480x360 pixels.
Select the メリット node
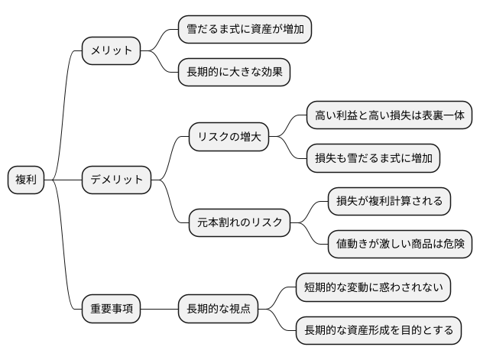click(112, 52)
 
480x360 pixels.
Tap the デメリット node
click(117, 180)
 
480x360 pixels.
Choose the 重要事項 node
click(112, 310)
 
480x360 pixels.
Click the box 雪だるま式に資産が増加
click(244, 31)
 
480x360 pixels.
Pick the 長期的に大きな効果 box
click(233, 73)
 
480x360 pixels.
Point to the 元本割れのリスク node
click(239, 223)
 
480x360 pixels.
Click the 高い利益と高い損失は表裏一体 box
click(388, 116)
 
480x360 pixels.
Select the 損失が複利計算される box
click(388, 202)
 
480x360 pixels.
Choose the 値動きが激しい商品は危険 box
click(399, 245)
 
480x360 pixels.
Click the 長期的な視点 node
click(217, 310)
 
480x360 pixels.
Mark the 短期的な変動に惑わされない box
click(372, 287)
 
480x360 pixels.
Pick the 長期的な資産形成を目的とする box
click(378, 331)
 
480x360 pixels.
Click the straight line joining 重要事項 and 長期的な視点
click(159, 310)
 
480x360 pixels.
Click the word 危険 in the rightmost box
click(450, 245)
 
